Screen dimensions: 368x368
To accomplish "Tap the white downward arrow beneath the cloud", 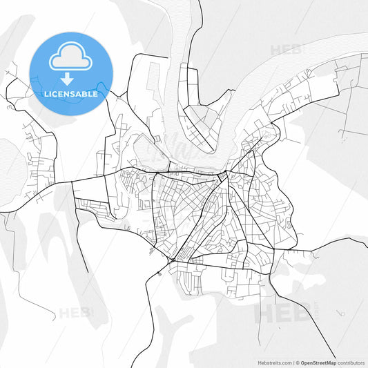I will click(71, 79).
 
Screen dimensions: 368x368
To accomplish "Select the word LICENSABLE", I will click(71, 94).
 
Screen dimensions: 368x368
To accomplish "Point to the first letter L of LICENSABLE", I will click(46, 94).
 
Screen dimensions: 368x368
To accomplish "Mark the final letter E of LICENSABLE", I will click(95, 94).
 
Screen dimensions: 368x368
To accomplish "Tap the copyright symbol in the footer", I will click(298, 362).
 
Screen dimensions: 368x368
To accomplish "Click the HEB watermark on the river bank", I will click(286, 50).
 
